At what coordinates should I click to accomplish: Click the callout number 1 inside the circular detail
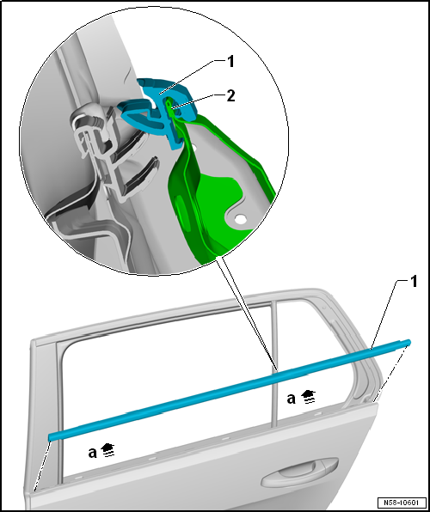[x=230, y=61]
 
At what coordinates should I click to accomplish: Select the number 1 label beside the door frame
[x=414, y=282]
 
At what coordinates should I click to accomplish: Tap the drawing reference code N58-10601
[x=402, y=502]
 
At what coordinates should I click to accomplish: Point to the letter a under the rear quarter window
[x=291, y=399]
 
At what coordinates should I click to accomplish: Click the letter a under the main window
[x=93, y=453]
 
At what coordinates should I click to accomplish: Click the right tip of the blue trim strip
[x=408, y=342]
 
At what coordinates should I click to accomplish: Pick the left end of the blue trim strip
[x=50, y=437]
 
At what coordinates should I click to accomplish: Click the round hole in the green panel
[x=240, y=219]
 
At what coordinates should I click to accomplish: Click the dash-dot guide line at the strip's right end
[x=390, y=373]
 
